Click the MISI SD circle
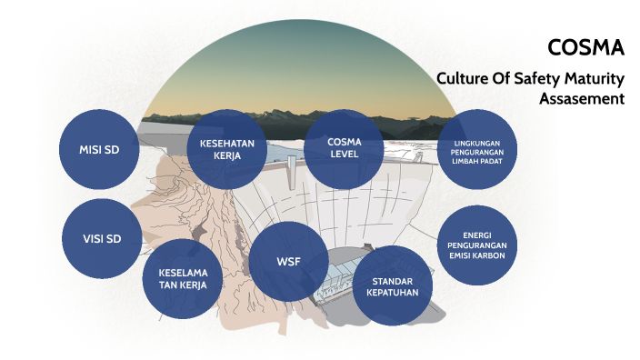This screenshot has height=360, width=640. tap(99, 149)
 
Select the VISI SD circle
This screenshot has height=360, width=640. tap(100, 239)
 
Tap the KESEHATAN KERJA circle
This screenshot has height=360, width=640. tap(226, 148)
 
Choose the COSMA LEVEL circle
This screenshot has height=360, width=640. tap(344, 148)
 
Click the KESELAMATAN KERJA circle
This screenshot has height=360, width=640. tap(183, 278)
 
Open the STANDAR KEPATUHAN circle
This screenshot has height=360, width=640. tap(391, 285)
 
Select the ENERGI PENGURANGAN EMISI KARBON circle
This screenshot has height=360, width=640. tap(477, 245)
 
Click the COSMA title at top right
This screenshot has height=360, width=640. tap(586, 47)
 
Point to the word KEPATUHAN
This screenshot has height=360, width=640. tap(391, 293)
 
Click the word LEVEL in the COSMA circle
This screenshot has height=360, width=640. tap(345, 155)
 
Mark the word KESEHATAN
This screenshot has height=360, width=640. tap(226, 142)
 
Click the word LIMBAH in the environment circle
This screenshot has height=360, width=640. tap(464, 161)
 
